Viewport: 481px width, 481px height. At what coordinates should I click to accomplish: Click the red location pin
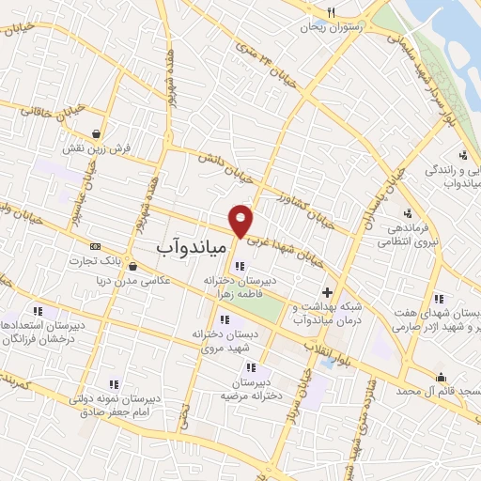[241, 220]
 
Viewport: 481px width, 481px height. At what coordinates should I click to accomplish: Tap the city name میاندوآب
[190, 247]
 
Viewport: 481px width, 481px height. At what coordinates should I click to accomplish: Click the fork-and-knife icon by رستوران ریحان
[330, 12]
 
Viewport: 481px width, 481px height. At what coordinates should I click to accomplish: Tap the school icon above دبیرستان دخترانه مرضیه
[251, 367]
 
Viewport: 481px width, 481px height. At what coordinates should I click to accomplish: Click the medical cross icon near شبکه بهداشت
[327, 293]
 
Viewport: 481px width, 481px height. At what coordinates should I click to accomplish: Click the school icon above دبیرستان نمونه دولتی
[114, 383]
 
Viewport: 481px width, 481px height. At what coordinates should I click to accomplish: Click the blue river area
[451, 28]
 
